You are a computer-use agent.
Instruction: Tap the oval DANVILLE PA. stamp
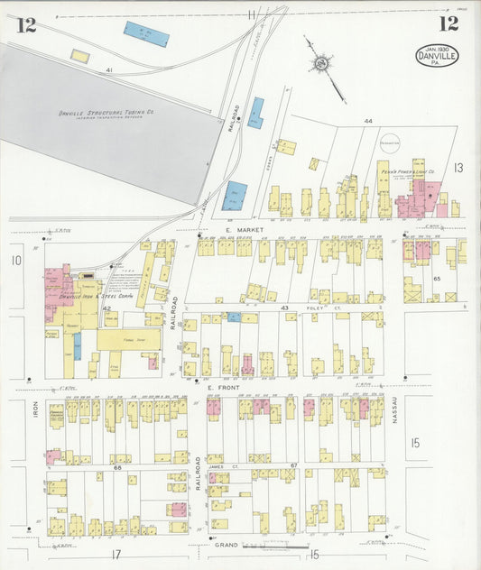click(437, 55)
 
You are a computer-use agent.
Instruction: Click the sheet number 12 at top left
click(26, 24)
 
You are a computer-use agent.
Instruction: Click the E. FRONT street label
click(222, 389)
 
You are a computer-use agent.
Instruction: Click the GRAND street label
click(226, 545)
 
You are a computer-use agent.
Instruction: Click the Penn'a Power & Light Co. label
click(418, 170)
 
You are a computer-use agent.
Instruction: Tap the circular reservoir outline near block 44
click(390, 142)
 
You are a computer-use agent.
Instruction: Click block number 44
click(367, 121)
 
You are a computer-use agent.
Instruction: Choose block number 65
click(437, 280)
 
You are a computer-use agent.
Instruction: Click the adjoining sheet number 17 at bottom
click(116, 553)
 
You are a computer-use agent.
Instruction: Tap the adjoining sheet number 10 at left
click(15, 261)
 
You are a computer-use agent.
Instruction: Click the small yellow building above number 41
click(80, 56)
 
